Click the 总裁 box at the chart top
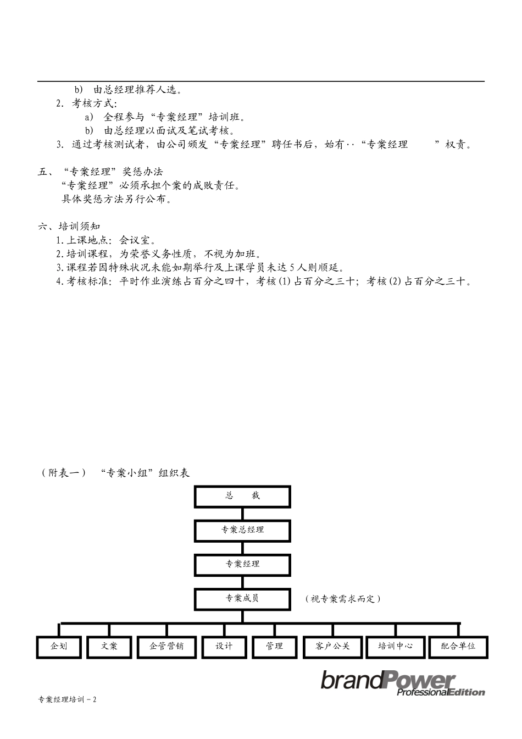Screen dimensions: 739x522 coord(242,496)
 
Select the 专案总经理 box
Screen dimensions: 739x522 coord(242,530)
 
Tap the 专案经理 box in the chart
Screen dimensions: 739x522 coord(242,564)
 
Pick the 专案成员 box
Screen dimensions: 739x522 coord(242,598)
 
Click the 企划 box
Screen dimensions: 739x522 coord(59,646)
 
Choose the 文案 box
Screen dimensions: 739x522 coord(109,646)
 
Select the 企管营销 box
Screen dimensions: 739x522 coord(166,646)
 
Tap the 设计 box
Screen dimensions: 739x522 coord(224,646)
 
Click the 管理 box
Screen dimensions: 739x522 coord(274,646)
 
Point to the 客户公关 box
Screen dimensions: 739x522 coord(332,646)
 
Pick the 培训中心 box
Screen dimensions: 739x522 coord(395,646)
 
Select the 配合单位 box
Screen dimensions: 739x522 coord(458,646)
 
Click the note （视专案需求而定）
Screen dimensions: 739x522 coord(343,599)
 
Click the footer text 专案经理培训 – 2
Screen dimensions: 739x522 coord(67,700)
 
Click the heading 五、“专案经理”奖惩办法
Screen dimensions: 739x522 coord(101,172)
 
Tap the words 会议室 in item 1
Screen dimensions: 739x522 coord(137,240)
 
